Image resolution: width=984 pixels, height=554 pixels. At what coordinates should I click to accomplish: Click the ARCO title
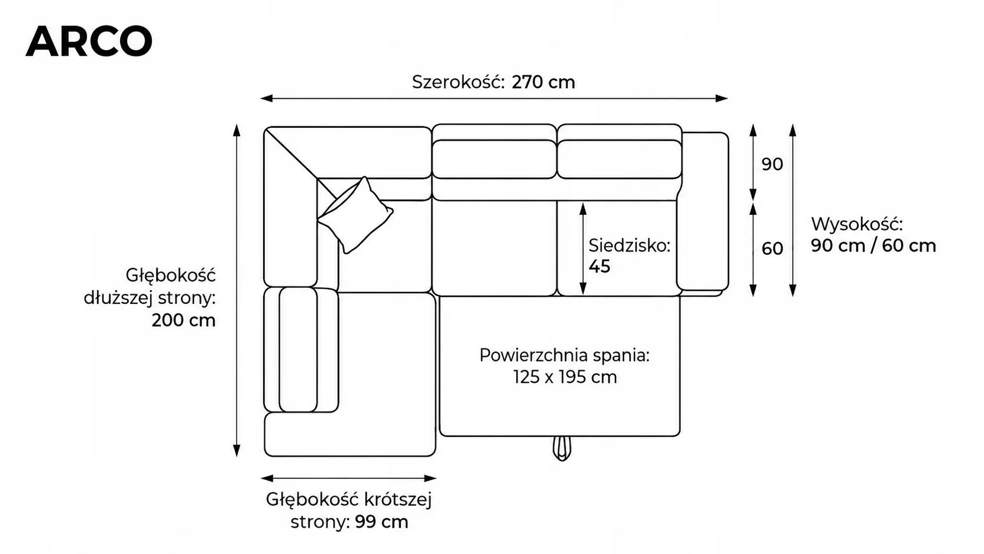(x=89, y=41)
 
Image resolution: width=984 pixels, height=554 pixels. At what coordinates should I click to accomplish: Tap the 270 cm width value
(x=543, y=82)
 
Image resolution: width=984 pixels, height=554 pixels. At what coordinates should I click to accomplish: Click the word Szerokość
(x=458, y=82)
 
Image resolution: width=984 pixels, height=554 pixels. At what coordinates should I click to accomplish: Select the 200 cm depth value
(x=184, y=320)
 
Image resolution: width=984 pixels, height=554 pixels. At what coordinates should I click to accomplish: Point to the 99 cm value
(x=382, y=522)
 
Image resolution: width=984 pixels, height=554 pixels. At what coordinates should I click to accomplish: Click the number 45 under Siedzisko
(x=600, y=266)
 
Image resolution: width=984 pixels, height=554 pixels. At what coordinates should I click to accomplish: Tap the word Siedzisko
(x=630, y=246)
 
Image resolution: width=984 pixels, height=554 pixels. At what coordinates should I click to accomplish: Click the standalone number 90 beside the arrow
(x=772, y=164)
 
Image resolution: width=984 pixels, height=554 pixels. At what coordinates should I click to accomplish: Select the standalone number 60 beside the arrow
(x=772, y=248)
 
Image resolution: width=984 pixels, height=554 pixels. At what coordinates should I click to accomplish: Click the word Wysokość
(x=857, y=224)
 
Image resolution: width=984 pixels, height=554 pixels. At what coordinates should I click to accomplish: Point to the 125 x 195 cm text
(x=565, y=377)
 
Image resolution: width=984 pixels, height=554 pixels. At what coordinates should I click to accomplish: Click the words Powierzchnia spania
(x=564, y=356)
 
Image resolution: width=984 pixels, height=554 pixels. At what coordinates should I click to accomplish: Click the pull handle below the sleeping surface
(x=562, y=448)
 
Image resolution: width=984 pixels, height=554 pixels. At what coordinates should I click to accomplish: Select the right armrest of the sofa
(x=703, y=211)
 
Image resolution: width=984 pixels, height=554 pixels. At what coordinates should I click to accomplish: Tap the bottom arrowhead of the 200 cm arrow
(x=237, y=451)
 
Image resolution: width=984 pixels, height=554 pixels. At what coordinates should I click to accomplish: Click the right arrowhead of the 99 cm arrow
(x=431, y=479)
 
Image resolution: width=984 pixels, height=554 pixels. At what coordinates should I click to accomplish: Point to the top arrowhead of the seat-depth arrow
(x=583, y=208)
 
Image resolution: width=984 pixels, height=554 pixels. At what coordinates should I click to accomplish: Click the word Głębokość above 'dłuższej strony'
(x=171, y=276)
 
